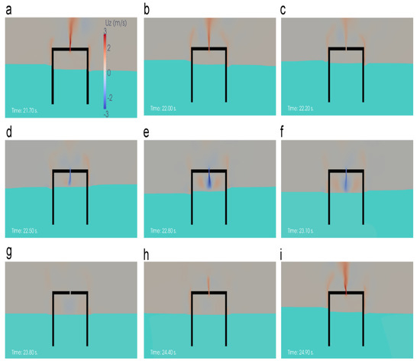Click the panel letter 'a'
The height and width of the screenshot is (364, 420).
point(7,8)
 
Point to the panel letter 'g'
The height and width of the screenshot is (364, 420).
point(7,251)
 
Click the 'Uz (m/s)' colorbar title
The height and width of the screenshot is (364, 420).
point(113,24)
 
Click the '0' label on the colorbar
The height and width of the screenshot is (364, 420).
point(108,73)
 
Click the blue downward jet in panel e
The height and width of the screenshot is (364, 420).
point(208,181)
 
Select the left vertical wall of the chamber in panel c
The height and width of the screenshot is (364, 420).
point(329,76)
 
